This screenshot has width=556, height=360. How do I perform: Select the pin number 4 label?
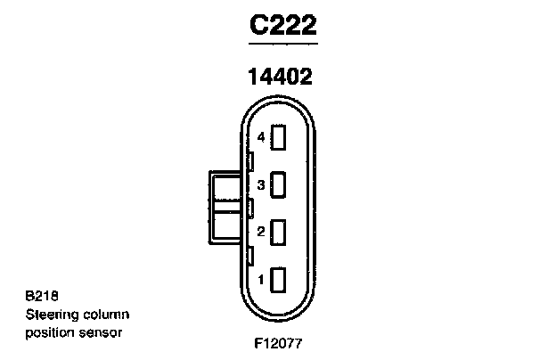tap(261, 137)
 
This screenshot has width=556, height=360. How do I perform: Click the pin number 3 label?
tap(261, 184)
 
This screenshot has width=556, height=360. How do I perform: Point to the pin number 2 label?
tap(261, 232)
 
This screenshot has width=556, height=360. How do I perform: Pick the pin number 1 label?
tap(261, 279)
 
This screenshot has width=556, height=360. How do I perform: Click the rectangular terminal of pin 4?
tap(278, 137)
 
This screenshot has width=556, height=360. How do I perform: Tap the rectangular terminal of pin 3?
tap(278, 184)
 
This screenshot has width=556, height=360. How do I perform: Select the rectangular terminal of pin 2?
tap(278, 232)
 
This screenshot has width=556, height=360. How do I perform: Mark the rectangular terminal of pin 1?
tap(278, 280)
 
